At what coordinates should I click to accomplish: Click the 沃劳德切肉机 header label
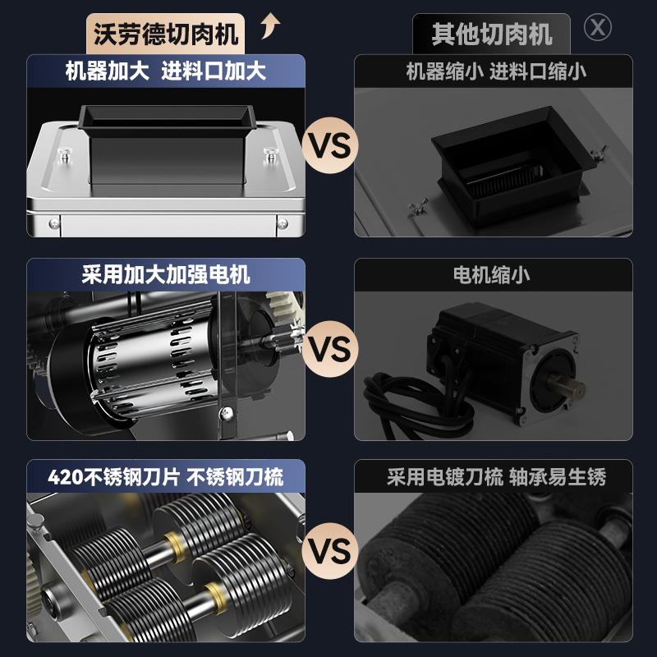tap(166, 34)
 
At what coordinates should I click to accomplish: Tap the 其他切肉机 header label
tap(492, 34)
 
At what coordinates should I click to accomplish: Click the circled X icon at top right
tap(597, 27)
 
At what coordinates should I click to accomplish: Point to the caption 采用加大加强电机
tap(166, 273)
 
